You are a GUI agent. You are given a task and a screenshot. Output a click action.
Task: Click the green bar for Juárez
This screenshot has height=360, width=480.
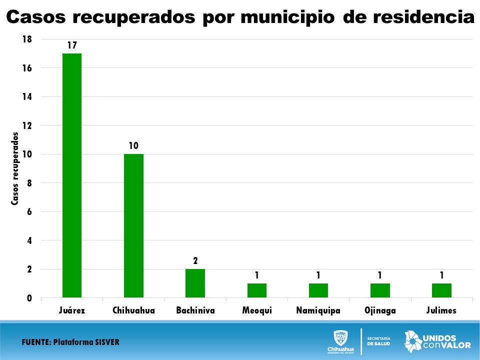[72, 175]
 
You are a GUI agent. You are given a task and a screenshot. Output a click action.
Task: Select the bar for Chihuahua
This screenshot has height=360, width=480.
[133, 225]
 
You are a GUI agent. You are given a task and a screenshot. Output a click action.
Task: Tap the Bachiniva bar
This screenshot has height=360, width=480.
[195, 283]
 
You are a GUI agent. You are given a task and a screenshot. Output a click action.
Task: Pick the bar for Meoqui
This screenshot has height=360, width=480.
[256, 290]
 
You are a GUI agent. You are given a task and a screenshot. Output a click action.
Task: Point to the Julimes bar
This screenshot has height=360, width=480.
[441, 290]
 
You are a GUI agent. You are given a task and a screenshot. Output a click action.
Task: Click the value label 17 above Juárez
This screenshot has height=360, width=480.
[72, 45]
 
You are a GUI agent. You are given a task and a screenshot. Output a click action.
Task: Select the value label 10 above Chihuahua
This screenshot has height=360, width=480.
[133, 146]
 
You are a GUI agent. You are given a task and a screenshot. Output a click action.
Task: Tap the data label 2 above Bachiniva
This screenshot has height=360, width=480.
[195, 261]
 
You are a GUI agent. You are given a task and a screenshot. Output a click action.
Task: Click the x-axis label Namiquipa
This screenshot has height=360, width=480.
[318, 310]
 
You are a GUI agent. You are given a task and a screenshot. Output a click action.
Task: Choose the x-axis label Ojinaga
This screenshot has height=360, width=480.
[380, 310]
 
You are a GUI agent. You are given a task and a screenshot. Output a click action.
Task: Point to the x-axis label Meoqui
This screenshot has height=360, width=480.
[256, 310]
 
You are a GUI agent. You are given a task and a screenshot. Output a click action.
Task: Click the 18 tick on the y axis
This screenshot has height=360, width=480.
[27, 39]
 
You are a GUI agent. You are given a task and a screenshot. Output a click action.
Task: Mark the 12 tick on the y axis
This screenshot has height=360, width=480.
[27, 125]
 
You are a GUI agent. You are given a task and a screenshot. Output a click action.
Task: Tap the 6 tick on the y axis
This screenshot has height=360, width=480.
[29, 212]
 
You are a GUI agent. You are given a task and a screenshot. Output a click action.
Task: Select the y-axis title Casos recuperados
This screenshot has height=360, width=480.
[15, 168]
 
